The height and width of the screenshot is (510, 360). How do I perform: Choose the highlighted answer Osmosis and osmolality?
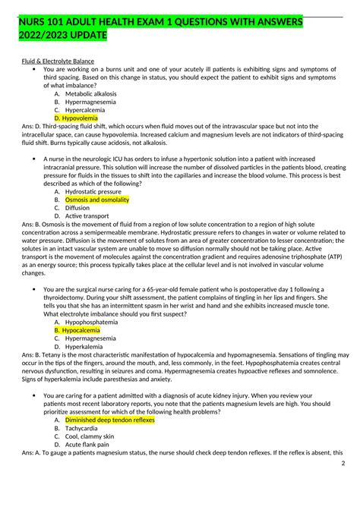[x=97, y=200]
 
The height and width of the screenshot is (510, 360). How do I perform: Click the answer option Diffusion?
[x=77, y=208]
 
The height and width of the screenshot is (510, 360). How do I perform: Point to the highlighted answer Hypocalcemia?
[x=81, y=330]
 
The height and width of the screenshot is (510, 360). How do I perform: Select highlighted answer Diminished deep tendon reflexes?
[x=110, y=420]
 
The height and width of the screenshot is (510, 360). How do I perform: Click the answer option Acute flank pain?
[x=89, y=445]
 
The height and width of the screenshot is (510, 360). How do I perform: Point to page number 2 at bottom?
[x=343, y=464]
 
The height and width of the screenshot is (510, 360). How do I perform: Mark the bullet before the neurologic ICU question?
[x=36, y=159]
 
